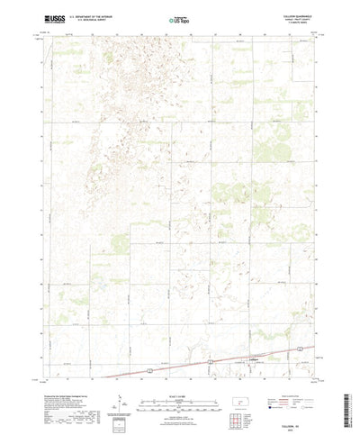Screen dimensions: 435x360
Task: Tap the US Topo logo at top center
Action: (179, 17)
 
